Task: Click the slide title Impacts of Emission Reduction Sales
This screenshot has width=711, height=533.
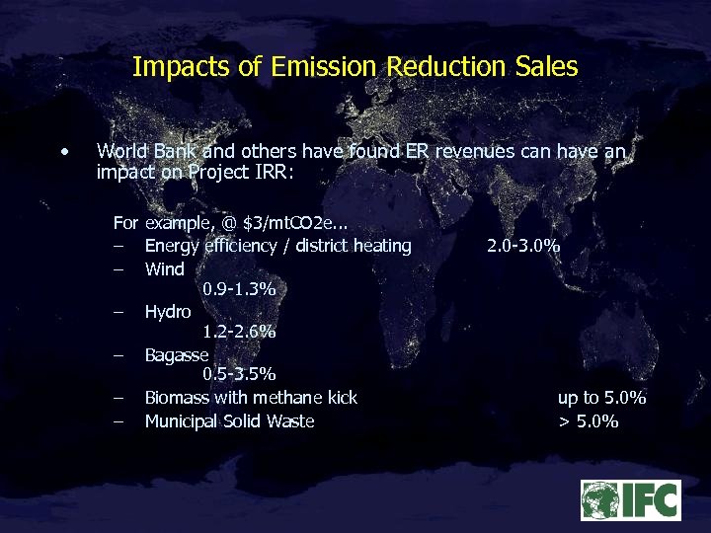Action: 355,67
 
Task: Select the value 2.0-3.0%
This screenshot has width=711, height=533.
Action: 523,246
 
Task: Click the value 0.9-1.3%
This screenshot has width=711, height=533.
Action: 238,289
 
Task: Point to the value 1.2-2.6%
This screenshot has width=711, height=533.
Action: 238,333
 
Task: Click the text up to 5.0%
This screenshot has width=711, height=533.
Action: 601,398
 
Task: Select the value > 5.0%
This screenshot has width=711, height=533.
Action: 589,421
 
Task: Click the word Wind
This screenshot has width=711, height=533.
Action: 164,268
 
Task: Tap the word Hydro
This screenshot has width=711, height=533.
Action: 168,312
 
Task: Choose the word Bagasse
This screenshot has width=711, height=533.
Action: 176,354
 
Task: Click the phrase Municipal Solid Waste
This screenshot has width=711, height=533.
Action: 229,421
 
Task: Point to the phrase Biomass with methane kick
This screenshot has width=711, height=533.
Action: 251,398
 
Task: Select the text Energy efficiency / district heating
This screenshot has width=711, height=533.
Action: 277,246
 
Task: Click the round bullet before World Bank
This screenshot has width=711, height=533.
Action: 63,152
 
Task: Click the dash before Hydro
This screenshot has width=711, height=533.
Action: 118,312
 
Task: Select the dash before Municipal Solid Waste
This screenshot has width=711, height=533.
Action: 118,421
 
